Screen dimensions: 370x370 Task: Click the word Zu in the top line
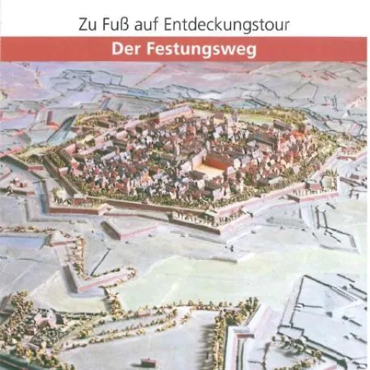tap(88, 24)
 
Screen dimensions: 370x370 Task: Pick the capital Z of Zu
tap(83, 24)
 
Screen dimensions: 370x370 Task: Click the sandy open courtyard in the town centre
tap(213, 168)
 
